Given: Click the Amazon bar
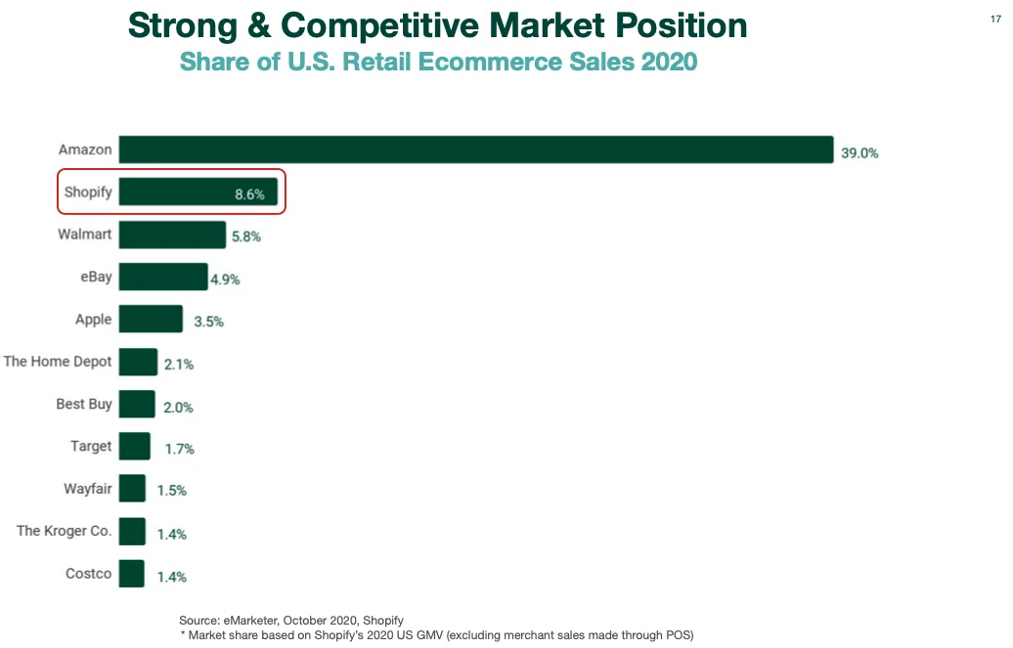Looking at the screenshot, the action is click(x=476, y=150).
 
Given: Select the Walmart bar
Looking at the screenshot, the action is click(x=172, y=235).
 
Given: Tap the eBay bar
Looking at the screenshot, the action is click(x=163, y=277).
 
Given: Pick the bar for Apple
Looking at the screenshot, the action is click(x=151, y=320).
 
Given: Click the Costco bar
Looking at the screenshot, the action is click(x=132, y=574).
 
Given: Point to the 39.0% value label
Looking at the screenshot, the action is click(x=859, y=153).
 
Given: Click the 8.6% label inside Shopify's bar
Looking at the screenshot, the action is click(x=249, y=194).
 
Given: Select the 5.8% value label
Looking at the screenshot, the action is click(x=246, y=238).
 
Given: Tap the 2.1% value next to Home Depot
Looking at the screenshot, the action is click(x=179, y=365).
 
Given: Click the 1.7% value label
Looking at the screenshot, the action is click(x=180, y=449).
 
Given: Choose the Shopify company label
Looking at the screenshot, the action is click(x=88, y=193).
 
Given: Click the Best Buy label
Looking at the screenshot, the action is click(x=84, y=405).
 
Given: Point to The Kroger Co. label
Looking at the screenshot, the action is click(x=64, y=531).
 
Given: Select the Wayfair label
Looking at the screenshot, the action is click(x=88, y=489).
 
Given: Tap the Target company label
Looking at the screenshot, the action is click(x=91, y=447).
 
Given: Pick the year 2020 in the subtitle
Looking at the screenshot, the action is click(x=669, y=62).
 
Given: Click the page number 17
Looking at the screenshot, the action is click(x=995, y=20).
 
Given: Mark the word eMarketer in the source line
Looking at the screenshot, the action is click(x=250, y=621).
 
